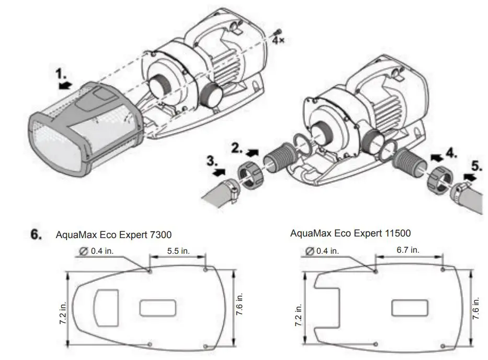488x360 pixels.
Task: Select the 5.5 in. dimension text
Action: tap(178, 251)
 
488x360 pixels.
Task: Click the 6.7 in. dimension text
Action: tap(407, 250)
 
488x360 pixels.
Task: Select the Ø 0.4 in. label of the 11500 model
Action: tap(322, 251)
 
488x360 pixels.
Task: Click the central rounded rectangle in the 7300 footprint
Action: tap(158, 308)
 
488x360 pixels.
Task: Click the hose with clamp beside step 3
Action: tap(217, 191)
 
